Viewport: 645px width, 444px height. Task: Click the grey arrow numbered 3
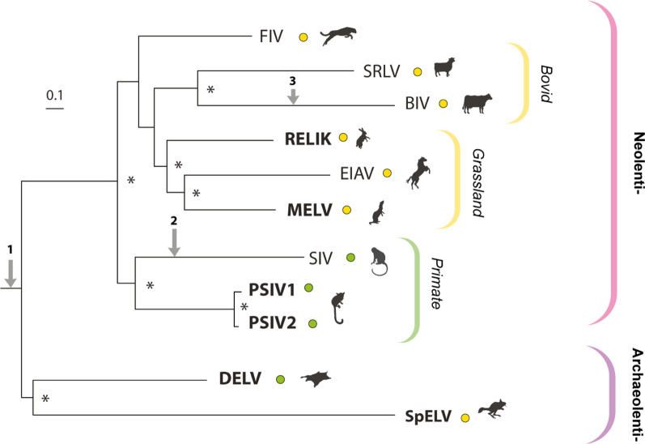coord(295,96)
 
